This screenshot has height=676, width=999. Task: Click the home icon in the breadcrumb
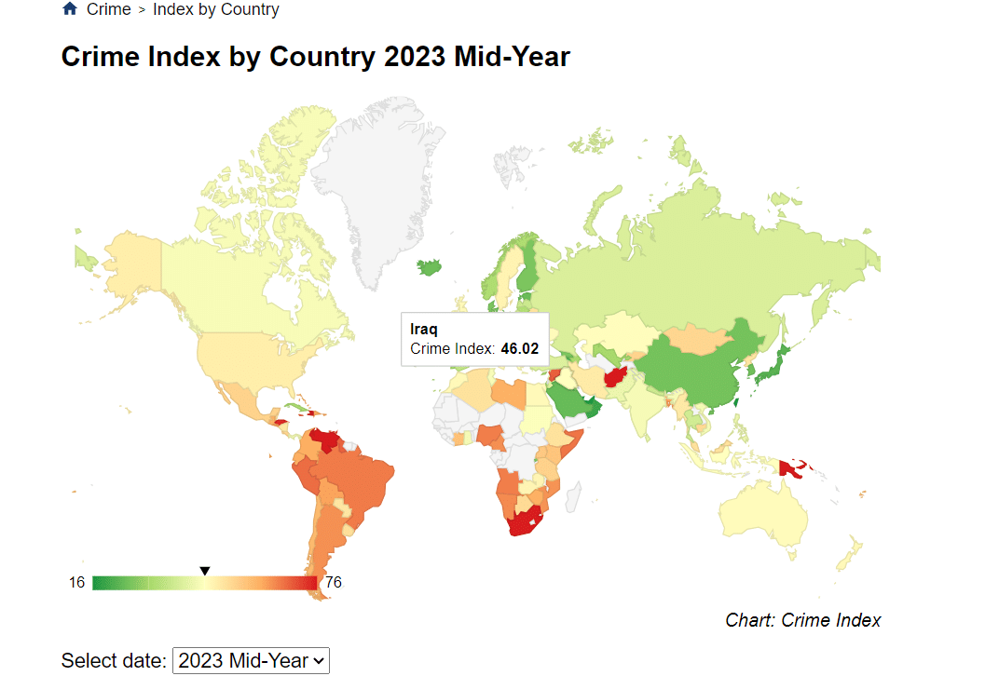(70, 9)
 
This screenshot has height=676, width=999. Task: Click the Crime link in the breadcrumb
(108, 9)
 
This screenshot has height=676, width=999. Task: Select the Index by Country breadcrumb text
(215, 9)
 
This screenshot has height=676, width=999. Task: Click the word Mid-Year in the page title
(512, 57)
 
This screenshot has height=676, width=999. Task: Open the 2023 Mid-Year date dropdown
(252, 660)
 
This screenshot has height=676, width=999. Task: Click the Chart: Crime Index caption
(802, 620)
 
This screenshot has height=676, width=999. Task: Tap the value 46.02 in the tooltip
(519, 349)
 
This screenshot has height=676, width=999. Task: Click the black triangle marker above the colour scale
(205, 571)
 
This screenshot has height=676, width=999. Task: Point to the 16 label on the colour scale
(76, 583)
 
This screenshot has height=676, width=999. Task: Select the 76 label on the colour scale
(332, 583)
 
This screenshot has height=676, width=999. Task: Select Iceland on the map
(429, 266)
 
